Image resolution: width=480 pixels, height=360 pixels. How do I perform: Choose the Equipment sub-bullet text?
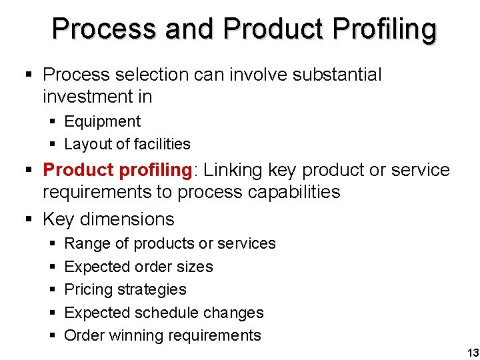click(x=102, y=122)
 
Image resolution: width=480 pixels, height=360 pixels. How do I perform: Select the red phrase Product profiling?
click(x=117, y=171)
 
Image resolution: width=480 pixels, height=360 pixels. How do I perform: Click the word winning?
click(x=137, y=335)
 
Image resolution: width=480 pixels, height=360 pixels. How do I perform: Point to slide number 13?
click(x=473, y=353)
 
